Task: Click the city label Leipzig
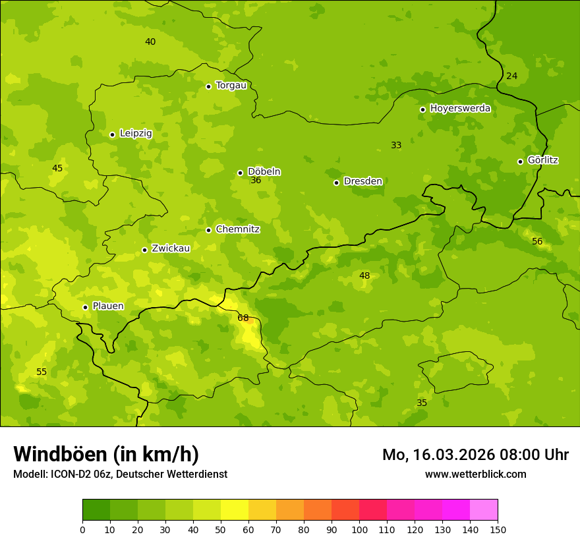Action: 136,134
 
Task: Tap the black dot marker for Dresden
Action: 336,183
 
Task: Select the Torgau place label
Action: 231,86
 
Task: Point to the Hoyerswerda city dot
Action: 422,109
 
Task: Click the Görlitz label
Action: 543,160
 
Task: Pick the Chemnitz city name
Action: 237,229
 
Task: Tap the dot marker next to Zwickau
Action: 144,250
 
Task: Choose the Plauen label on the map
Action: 108,306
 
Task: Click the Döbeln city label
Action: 264,172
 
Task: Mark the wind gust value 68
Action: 243,318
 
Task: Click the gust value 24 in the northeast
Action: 511,76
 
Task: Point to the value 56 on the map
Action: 537,242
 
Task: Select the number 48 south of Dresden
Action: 364,276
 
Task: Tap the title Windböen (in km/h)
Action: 106,454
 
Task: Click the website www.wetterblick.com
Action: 475,475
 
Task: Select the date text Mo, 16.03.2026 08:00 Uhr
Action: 475,455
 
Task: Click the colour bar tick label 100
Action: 359,529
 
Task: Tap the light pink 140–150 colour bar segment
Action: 484,510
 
